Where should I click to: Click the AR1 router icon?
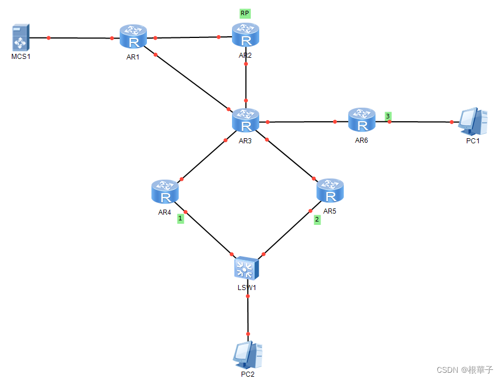[133, 38]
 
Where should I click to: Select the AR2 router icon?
[246, 36]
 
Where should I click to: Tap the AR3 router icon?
[246, 121]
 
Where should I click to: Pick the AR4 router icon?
[165, 192]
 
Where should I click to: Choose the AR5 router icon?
[330, 191]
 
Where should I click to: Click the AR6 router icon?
[361, 121]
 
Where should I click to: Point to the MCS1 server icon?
[20, 37]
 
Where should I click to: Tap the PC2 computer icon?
[248, 355]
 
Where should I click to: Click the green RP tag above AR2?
[245, 12]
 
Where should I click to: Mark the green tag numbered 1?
[180, 218]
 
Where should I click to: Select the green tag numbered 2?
[317, 220]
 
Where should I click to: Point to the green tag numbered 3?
[388, 116]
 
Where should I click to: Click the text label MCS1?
[20, 57]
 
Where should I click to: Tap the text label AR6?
[361, 140]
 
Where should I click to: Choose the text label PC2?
[248, 374]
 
